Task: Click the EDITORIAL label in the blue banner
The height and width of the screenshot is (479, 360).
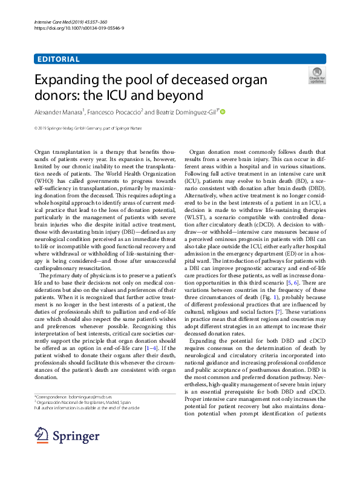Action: (58, 59)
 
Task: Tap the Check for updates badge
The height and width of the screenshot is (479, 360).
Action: (316, 75)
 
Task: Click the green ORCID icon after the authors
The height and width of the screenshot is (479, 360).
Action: (223, 111)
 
